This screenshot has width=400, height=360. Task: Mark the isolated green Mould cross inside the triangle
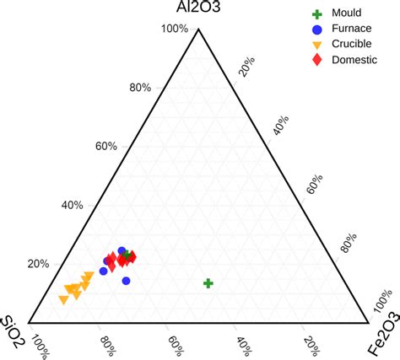click(208, 283)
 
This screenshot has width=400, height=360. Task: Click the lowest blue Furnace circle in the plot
click(126, 281)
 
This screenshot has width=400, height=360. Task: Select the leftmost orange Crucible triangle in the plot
click(63, 299)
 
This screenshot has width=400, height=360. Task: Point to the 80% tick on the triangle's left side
click(140, 88)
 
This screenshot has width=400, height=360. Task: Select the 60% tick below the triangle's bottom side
click(174, 346)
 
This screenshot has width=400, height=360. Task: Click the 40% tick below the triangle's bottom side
click(242, 346)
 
